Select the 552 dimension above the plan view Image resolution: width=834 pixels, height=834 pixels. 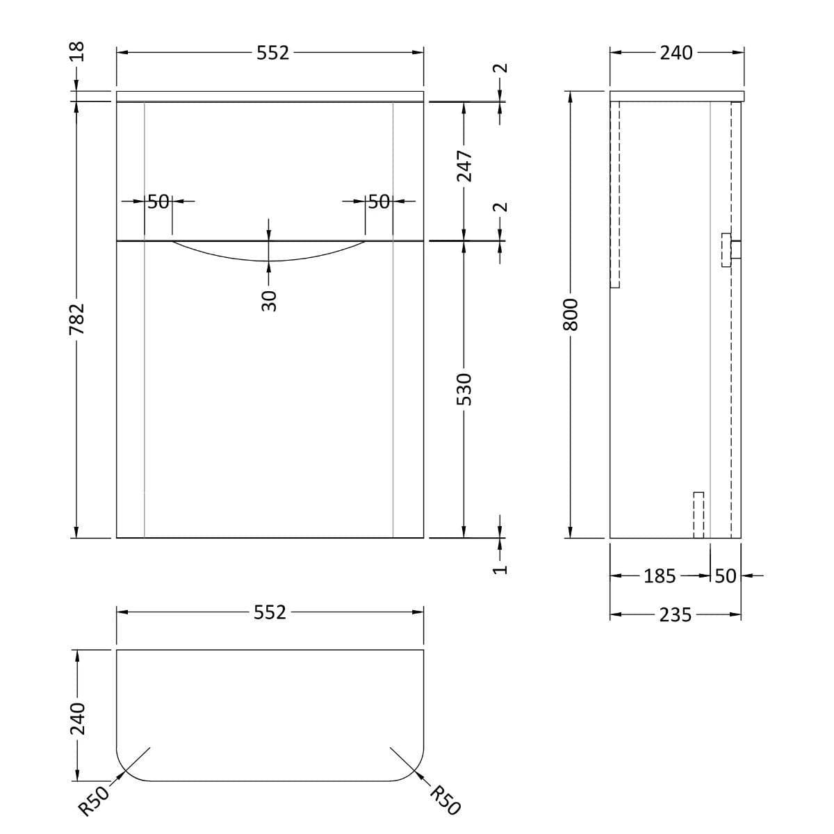pyautogui.click(x=270, y=612)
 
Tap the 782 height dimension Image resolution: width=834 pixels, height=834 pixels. pyautogui.click(x=77, y=318)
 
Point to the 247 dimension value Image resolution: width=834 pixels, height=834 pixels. pyautogui.click(x=464, y=167)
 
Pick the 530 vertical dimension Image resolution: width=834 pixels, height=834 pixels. pyautogui.click(x=464, y=389)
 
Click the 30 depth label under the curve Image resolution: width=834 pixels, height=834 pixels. pyautogui.click(x=270, y=300)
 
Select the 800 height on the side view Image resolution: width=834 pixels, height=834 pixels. pyautogui.click(x=570, y=314)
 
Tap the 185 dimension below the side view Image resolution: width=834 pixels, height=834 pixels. pyautogui.click(x=660, y=576)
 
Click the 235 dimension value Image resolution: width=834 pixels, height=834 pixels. pyautogui.click(x=675, y=615)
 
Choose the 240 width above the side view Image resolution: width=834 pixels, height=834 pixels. pyautogui.click(x=676, y=53)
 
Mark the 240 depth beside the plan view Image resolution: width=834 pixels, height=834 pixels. pyautogui.click(x=77, y=719)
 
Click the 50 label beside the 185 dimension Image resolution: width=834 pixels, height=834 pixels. pyautogui.click(x=725, y=576)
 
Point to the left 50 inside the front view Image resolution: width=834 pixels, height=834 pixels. pyautogui.click(x=158, y=202)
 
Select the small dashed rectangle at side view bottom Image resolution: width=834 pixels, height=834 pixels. pyautogui.click(x=698, y=514)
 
